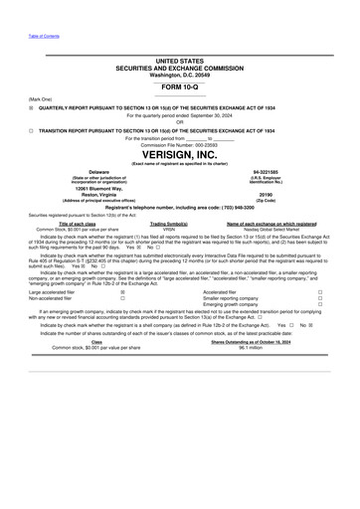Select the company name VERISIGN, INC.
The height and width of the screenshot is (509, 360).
click(x=180, y=157)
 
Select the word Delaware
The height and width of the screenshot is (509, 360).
click(x=91, y=172)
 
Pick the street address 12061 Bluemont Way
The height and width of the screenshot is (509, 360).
click(x=91, y=190)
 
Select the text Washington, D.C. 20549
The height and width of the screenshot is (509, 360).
click(x=180, y=74)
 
